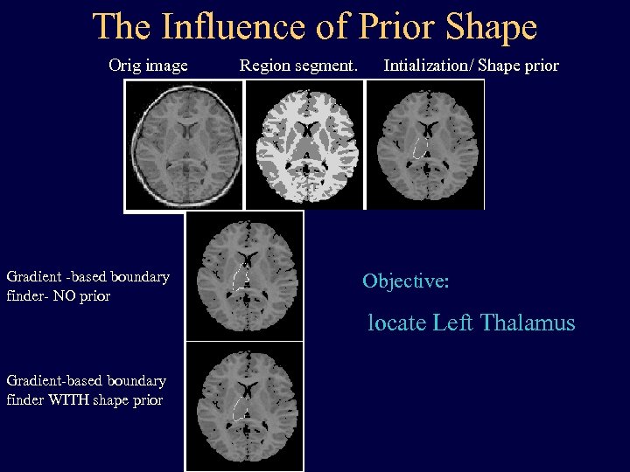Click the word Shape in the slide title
[492, 27]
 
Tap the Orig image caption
[148, 66]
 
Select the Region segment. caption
[299, 66]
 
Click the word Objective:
[406, 281]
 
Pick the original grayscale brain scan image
[184, 144]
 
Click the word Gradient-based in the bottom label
[57, 381]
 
